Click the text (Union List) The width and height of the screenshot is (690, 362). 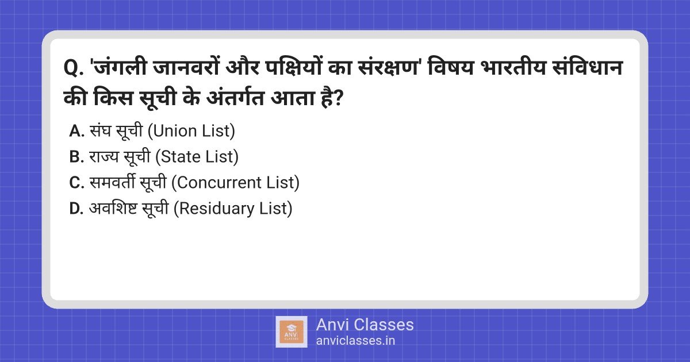[x=191, y=132]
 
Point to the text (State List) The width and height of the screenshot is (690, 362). [x=197, y=157]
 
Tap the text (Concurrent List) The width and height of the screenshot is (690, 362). [x=236, y=183]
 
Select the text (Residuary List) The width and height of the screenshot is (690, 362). [x=233, y=209]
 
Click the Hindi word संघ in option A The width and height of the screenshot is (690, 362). [x=101, y=132]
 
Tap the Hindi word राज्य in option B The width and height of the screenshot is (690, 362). [x=104, y=157]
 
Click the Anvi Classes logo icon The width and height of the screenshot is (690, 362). [x=292, y=332]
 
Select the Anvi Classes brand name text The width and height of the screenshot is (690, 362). [x=365, y=325]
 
